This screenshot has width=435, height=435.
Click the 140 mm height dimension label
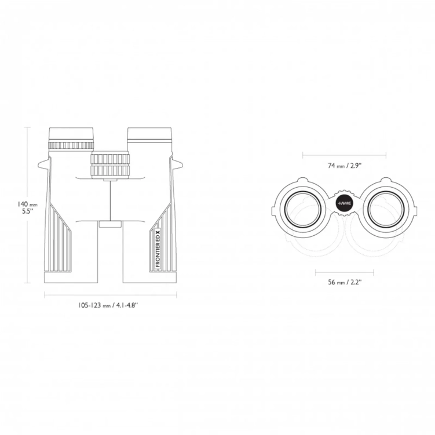pos(27,207)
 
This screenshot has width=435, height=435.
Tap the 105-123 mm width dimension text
pos(108,305)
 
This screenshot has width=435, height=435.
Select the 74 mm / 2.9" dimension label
pos(345,166)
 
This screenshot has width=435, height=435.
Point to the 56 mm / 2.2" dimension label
pos(345,282)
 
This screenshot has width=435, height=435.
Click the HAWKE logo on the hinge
pos(344,203)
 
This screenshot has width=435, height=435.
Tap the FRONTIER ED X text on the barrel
pos(158,249)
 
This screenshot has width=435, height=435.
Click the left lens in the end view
pos(304,210)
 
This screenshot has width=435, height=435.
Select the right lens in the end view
pos(386,210)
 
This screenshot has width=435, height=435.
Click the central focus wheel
pos(110,165)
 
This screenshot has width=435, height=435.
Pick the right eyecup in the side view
pos(149,135)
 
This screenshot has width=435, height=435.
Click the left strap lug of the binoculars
pos(44,165)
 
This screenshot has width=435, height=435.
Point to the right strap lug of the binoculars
pos(177,165)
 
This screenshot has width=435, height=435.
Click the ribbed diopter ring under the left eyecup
pos(71,145)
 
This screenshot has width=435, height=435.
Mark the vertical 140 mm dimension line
pos(27,205)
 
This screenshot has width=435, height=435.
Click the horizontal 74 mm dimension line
pos(344,155)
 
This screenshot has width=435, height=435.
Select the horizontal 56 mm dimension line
pos(345,272)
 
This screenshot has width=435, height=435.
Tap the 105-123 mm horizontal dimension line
pos(111,295)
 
